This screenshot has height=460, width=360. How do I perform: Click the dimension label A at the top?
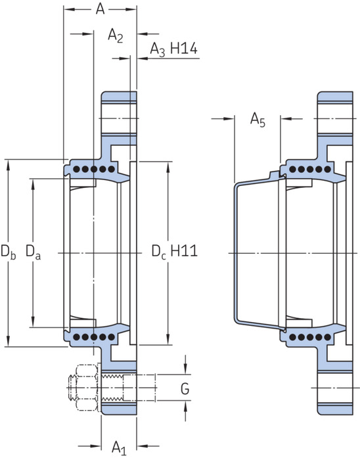100,9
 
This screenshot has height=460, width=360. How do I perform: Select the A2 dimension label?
115,35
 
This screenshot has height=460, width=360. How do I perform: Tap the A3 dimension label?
158,49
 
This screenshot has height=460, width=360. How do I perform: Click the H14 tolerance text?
184,48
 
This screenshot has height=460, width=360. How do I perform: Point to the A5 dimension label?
258,120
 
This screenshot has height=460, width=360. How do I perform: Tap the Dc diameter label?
159,252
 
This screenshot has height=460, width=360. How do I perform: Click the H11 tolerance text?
184,251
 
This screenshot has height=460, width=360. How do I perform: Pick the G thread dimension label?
185,389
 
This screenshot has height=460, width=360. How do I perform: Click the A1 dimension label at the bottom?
119,448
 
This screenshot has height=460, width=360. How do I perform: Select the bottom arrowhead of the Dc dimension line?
168,340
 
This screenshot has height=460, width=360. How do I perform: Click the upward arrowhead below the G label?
185,406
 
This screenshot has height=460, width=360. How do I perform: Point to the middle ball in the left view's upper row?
94,169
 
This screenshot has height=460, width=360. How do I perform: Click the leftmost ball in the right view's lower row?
292,337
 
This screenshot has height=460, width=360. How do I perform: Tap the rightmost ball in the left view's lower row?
112,336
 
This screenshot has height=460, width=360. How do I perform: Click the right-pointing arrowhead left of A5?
229,119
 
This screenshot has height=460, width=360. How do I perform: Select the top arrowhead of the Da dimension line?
33,184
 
